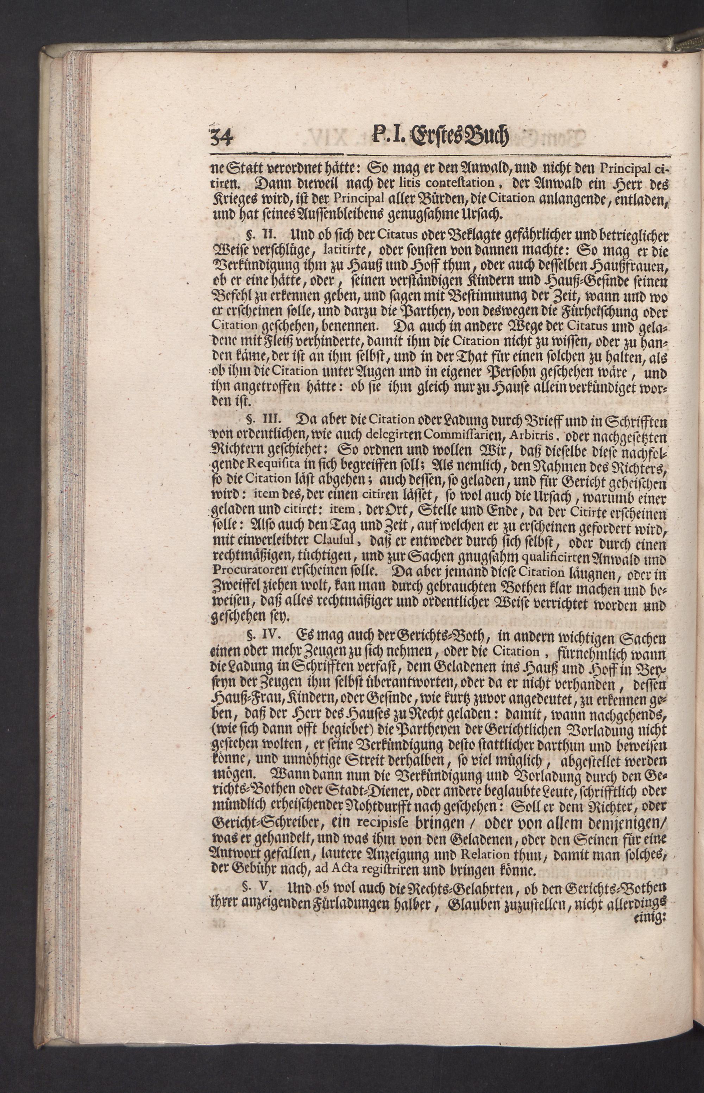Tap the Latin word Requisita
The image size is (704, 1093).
(273, 466)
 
